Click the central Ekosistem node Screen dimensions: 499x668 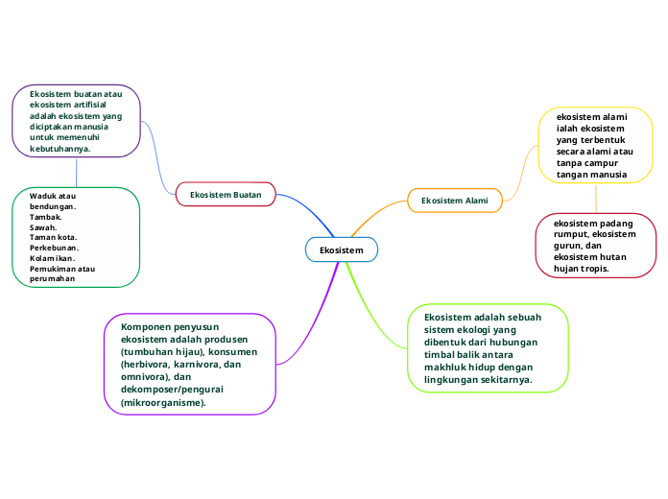(x=342, y=250)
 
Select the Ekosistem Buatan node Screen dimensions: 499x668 (x=226, y=194)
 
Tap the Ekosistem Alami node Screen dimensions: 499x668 (x=455, y=201)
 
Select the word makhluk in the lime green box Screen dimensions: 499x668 (x=447, y=368)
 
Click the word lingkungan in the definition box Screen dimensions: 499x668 (x=455, y=380)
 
